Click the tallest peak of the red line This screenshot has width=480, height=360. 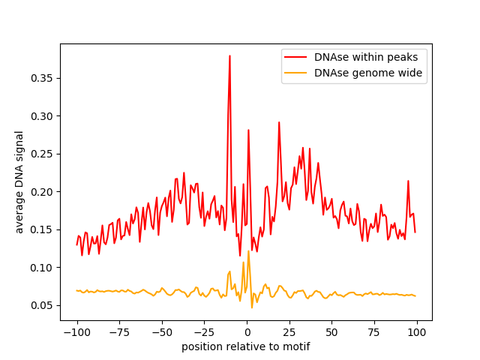coord(229,55)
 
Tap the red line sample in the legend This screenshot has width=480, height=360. coord(296,56)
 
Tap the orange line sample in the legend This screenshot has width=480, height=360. coord(296,73)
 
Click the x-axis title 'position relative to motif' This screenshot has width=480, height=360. coord(246,346)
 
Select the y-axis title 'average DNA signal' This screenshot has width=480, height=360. coord(19,182)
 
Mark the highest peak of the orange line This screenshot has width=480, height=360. coord(248,250)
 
